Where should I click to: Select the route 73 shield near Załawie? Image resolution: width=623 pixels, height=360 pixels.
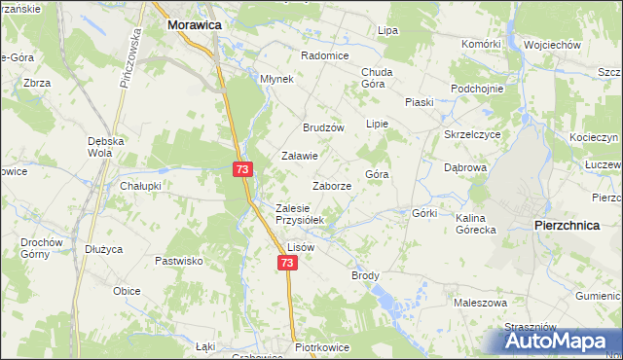[x=242, y=169]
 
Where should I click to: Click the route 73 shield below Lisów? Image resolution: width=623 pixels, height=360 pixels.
[x=286, y=264]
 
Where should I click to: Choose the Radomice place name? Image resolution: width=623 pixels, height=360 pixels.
[x=325, y=55]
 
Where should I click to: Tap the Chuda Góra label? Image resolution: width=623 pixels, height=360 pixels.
[x=377, y=78]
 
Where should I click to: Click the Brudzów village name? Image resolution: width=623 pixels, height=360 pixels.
[x=324, y=127]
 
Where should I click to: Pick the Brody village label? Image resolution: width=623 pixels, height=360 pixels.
[x=365, y=275]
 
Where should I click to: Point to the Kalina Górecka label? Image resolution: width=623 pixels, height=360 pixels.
[x=476, y=224]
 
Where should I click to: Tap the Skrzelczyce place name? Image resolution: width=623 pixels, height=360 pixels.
[x=472, y=134]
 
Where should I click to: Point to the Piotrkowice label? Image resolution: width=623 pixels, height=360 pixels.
[x=327, y=346]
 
